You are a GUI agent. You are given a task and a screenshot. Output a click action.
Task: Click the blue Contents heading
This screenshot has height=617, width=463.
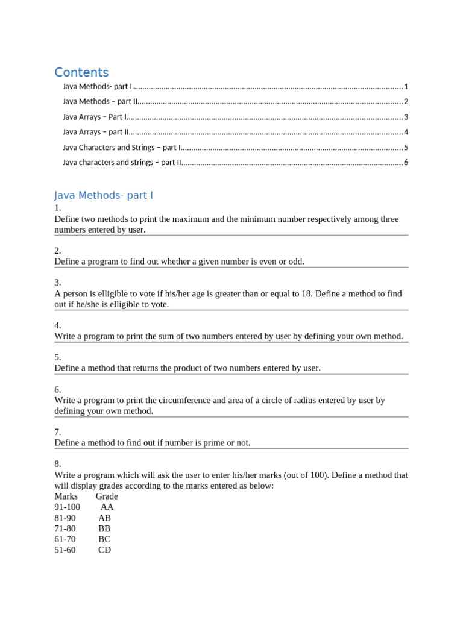pos(81,72)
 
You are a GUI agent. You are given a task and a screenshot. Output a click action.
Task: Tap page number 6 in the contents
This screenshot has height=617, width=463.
pos(406,163)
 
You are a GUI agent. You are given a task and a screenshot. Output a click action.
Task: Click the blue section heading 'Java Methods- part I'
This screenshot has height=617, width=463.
pos(104,195)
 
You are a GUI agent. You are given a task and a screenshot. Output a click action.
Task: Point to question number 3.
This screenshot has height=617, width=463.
pos(58,283)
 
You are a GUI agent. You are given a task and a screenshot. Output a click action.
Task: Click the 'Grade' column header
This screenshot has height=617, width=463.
pos(107,496)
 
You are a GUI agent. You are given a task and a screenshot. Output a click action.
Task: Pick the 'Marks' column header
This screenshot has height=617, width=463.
pos(66,496)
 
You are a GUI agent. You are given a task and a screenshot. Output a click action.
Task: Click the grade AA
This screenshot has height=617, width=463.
pos(107,507)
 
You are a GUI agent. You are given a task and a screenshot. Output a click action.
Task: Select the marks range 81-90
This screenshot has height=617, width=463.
pos(65,518)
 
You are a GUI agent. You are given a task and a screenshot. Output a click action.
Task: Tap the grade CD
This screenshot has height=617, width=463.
pos(104,550)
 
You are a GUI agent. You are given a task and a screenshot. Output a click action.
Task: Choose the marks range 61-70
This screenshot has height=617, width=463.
pos(65,539)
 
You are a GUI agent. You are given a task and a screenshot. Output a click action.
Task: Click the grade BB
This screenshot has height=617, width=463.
pos(104,528)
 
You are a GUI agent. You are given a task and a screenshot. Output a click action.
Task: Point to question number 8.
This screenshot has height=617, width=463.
pos(58,464)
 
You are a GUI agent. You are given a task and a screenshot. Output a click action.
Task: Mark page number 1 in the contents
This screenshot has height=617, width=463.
pos(406,86)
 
